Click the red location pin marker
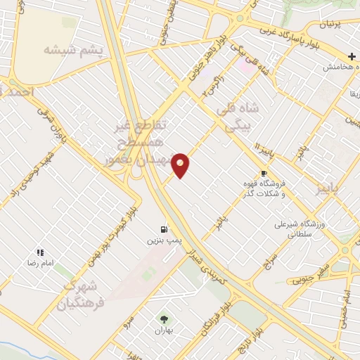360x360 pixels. click(181, 165)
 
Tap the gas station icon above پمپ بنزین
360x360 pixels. click(164, 229)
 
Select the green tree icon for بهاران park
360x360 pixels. click(164, 319)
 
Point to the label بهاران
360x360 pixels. click(164, 329)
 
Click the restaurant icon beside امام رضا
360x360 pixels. click(40, 252)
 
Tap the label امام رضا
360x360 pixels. click(40, 262)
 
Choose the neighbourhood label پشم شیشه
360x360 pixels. click(73, 50)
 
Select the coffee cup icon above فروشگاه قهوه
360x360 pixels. click(264, 173)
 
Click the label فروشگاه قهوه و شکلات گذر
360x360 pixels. click(264, 188)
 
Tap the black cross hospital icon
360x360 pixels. click(352, 56)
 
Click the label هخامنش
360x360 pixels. click(341, 67)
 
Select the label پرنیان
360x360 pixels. click(333, 25)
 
